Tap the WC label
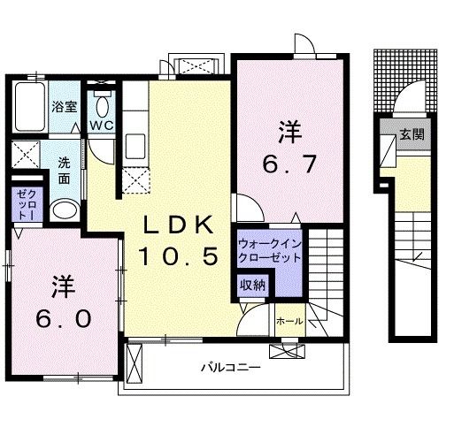coord(103,125)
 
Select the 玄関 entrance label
coord(411,134)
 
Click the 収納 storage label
coord(254,285)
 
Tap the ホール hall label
coord(289,321)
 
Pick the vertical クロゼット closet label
coord(24,205)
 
